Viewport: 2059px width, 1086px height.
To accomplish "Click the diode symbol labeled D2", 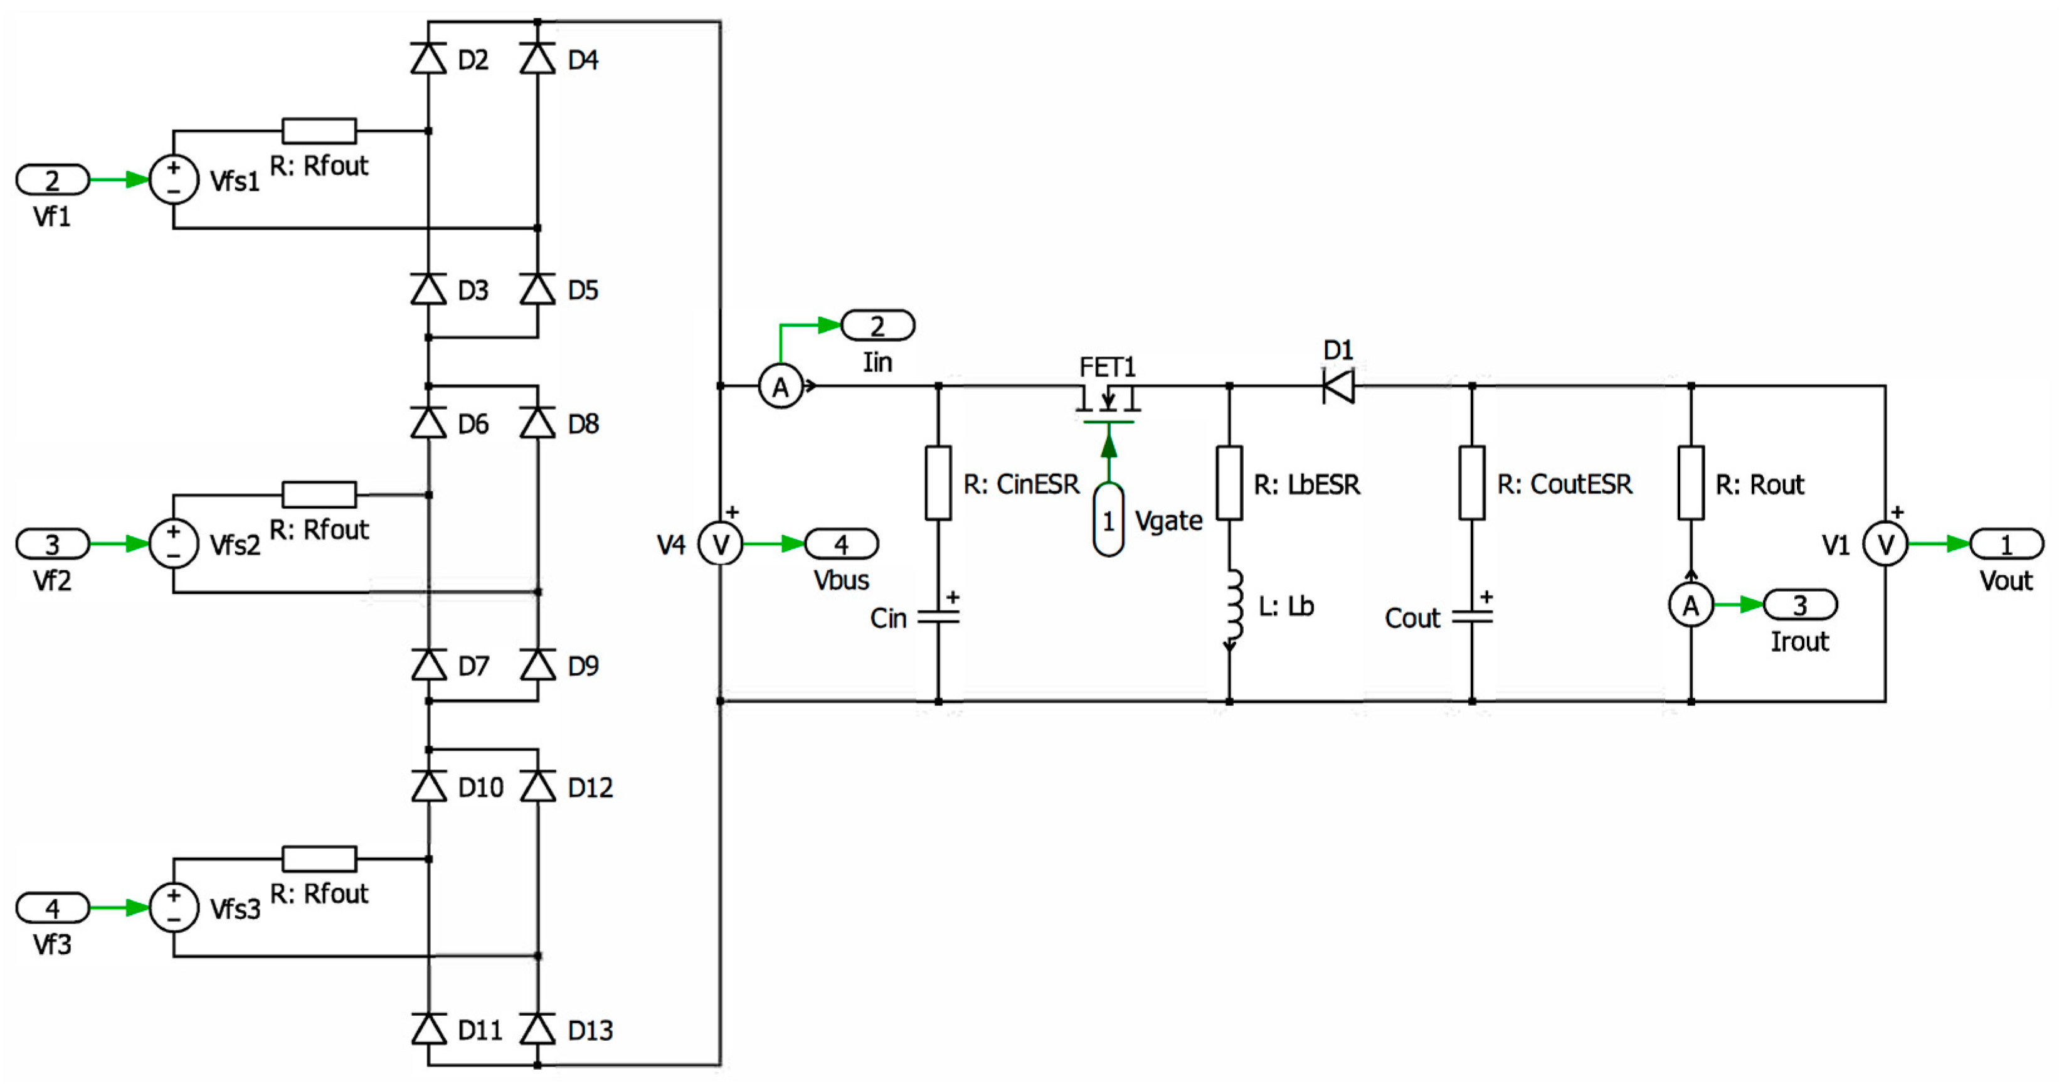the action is (428, 58).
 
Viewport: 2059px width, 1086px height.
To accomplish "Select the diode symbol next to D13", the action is (538, 1028).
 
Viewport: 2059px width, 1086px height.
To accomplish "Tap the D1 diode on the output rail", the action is (1338, 386).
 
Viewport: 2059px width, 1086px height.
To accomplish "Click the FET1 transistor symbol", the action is (1108, 405).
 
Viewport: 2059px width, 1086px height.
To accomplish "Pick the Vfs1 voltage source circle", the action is (174, 179).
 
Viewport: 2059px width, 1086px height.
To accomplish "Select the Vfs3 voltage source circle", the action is (174, 908).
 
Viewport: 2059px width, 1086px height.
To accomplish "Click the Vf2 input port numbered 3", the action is (53, 544).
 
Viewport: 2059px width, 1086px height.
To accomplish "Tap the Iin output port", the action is (877, 326).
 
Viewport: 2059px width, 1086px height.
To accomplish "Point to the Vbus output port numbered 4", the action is (841, 544).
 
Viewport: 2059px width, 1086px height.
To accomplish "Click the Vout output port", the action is (2006, 544).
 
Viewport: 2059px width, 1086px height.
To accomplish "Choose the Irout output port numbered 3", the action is (1800, 605).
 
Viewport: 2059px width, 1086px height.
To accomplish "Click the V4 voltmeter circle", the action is (720, 544).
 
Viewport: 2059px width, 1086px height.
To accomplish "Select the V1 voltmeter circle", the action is (1885, 544).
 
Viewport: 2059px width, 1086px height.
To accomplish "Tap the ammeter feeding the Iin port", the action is (780, 386).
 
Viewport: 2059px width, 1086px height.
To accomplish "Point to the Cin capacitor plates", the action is (938, 617).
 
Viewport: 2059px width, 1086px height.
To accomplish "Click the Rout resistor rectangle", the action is (1690, 483).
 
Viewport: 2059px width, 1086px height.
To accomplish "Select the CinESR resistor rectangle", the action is (938, 483).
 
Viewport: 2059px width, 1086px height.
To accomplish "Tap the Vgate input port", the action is (1109, 520).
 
